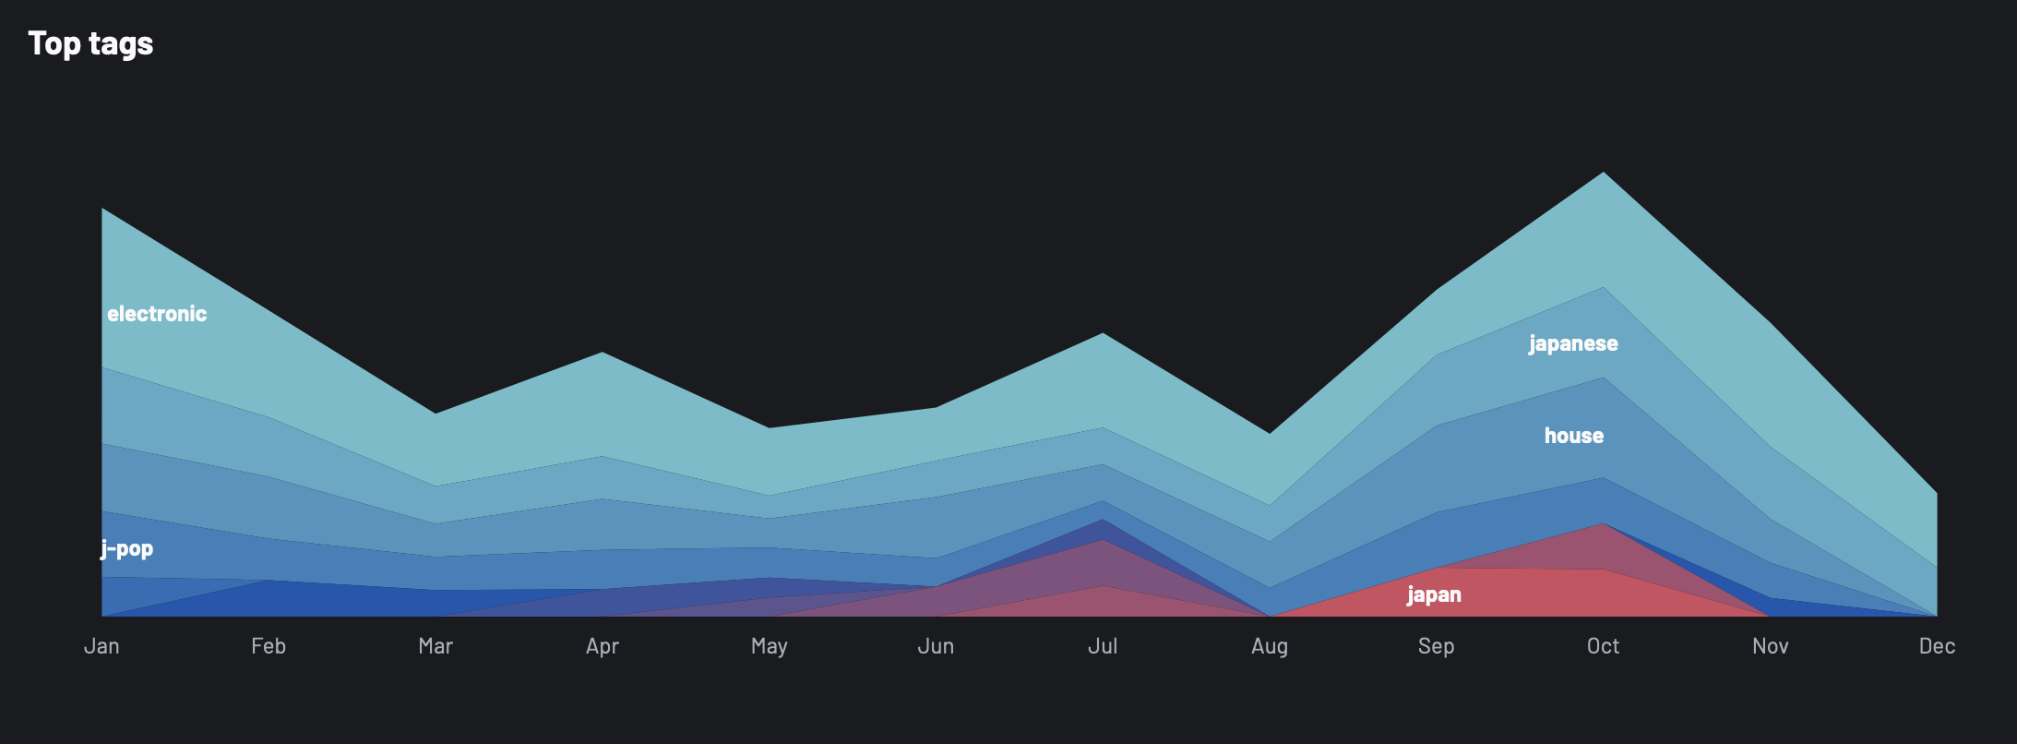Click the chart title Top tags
pos(90,43)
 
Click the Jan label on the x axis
pos(101,646)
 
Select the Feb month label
pos(269,646)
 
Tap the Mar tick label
pos(436,646)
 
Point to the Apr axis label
pos(603,646)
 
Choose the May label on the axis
pos(770,646)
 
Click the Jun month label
pos(936,646)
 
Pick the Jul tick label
pos(1103,646)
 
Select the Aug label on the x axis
pos(1270,646)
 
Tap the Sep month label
pos(1436,646)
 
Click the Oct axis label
pos(1603,646)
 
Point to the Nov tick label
pos(1770,646)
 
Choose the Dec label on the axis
pos(1937,646)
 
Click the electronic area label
pos(157,314)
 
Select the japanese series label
pos(1573,343)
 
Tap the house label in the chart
pos(1574,436)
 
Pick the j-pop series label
pos(127,549)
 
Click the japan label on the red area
pos(1434,594)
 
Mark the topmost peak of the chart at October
pos(1604,173)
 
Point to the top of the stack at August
pos(1270,434)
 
